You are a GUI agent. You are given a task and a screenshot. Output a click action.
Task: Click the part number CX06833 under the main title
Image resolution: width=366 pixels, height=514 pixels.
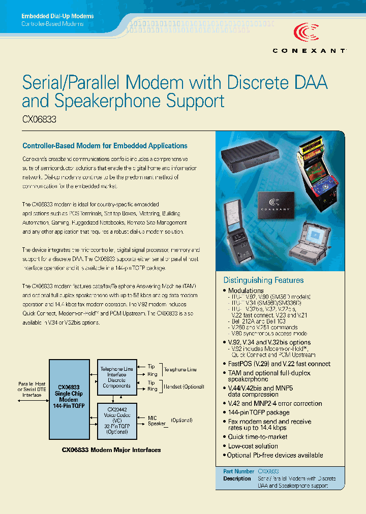pyautogui.click(x=39, y=120)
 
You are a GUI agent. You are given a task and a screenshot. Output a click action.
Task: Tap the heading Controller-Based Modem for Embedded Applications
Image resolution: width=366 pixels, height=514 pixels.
pyautogui.click(x=105, y=146)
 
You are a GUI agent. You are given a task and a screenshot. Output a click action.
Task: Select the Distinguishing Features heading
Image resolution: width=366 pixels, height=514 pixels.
pyautogui.click(x=263, y=280)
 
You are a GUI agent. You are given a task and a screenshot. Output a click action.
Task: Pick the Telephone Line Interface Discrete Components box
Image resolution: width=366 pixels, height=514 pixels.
pyautogui.click(x=116, y=377)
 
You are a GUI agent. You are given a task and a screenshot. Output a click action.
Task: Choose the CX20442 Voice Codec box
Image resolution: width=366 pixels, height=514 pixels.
pyautogui.click(x=116, y=420)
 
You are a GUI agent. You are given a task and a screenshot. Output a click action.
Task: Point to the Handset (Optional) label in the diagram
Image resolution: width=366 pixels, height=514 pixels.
pyautogui.click(x=184, y=387)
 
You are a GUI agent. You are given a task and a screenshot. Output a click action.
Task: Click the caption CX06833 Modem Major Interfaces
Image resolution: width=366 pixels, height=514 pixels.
pyautogui.click(x=111, y=450)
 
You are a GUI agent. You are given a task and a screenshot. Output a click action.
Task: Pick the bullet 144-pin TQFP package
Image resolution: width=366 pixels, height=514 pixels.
pyautogui.click(x=259, y=412)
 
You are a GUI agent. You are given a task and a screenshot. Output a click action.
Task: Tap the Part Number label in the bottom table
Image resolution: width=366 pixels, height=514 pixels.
pyautogui.click(x=238, y=471)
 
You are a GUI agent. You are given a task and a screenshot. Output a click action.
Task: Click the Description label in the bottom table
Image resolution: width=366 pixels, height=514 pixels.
pyautogui.click(x=237, y=479)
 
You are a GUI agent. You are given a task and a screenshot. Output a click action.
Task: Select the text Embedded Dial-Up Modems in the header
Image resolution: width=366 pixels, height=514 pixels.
pyautogui.click(x=57, y=16)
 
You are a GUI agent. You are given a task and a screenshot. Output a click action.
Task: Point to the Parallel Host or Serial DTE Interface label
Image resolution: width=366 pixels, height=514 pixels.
pyautogui.click(x=32, y=389)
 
